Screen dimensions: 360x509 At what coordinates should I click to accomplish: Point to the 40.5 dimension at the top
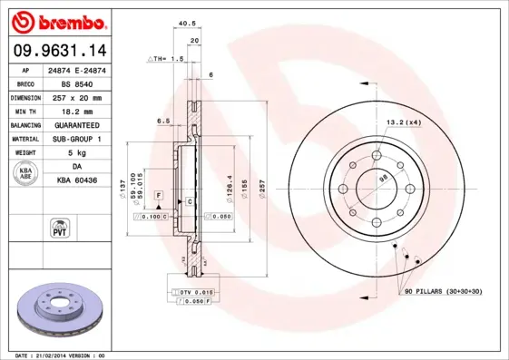[188, 24]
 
